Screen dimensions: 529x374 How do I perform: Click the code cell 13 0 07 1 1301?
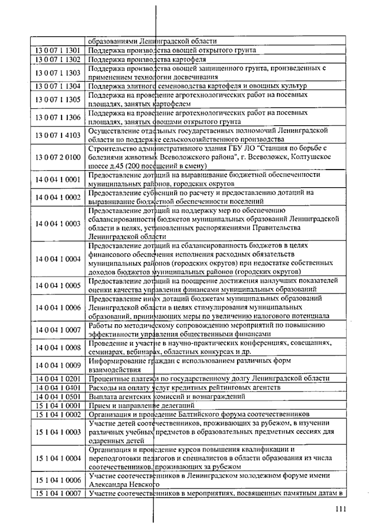click(58, 50)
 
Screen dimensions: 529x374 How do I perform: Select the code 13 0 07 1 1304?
click(58, 86)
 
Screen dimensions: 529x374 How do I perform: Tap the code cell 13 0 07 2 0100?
click(58, 157)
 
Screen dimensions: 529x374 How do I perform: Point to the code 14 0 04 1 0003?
click(58, 224)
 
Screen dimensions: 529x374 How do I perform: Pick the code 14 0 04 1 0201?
click(58, 379)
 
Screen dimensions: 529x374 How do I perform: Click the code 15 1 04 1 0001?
click(58, 406)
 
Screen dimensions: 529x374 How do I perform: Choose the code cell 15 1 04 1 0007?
click(58, 493)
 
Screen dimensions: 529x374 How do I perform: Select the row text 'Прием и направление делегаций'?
click(141, 406)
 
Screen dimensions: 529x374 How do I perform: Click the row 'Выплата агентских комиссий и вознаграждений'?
click(167, 397)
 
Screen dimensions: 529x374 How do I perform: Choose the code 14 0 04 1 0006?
click(58, 308)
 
